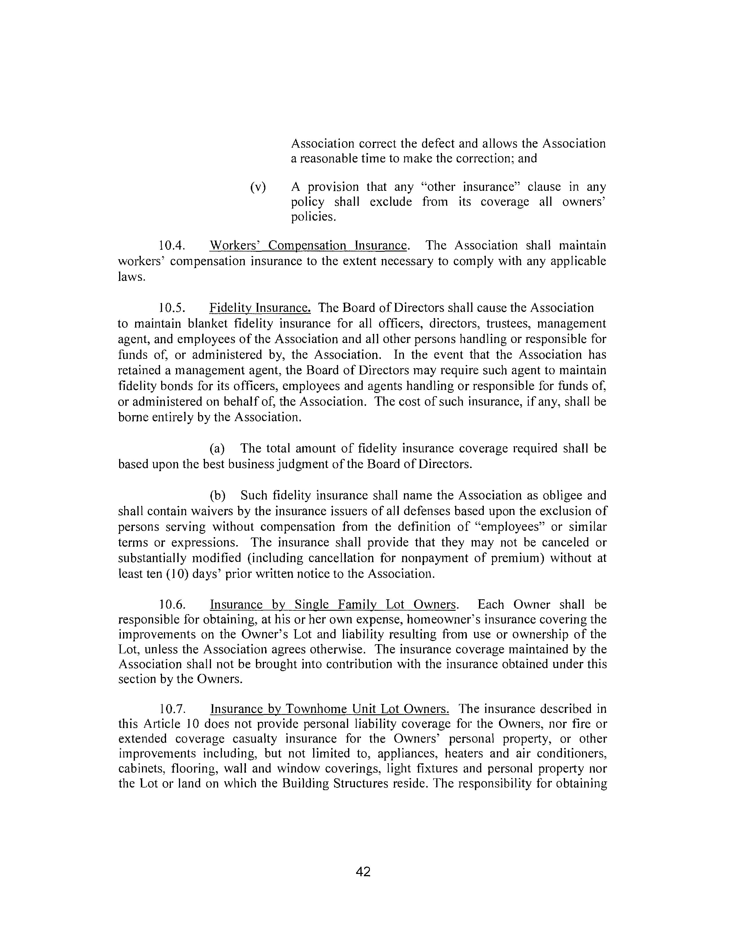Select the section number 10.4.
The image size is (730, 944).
pyautogui.click(x=172, y=245)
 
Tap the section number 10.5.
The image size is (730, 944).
pyautogui.click(x=172, y=308)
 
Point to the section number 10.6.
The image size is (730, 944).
pyautogui.click(x=172, y=604)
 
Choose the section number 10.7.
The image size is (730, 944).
pyautogui.click(x=172, y=709)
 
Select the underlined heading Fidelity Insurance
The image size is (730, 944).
pyautogui.click(x=260, y=308)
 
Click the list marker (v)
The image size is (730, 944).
pyautogui.click(x=258, y=187)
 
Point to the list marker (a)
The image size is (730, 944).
pyautogui.click(x=217, y=448)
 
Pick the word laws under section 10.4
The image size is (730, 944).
pyautogui.click(x=131, y=277)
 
